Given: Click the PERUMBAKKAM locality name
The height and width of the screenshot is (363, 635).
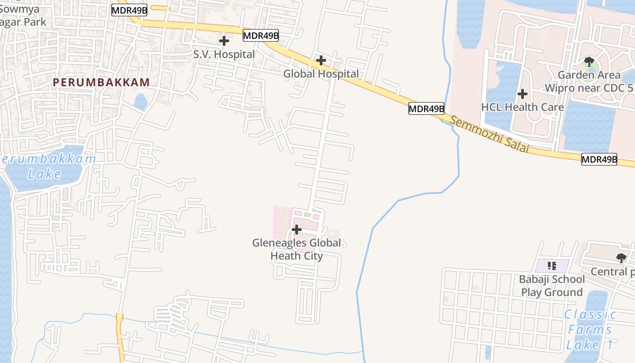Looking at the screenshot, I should [101, 83].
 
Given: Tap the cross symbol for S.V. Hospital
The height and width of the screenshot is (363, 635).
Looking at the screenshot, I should [224, 41].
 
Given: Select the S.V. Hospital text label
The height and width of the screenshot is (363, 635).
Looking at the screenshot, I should [224, 54].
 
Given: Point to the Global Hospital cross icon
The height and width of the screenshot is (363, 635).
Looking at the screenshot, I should [321, 60].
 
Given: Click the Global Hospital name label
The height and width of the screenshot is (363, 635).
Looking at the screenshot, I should [321, 74].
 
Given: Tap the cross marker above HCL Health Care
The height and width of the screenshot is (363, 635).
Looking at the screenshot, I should [522, 94].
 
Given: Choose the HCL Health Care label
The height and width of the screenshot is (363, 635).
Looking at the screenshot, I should [522, 107].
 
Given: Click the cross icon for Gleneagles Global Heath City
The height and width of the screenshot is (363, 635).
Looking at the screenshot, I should [296, 230].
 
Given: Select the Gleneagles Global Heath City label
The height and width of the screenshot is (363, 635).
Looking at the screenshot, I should [297, 249].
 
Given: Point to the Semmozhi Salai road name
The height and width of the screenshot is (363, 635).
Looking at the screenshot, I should [490, 134].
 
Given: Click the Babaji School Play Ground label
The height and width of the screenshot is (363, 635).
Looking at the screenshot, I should [552, 285].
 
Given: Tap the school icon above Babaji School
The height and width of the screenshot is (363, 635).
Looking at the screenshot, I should [552, 265].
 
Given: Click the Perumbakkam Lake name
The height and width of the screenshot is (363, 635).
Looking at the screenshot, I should [48, 166].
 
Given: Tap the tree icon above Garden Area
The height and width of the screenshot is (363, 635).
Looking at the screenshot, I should [589, 61].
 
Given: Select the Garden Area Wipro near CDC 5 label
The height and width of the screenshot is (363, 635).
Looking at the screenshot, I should [589, 81].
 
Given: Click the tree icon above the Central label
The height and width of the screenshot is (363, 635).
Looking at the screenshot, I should [621, 258].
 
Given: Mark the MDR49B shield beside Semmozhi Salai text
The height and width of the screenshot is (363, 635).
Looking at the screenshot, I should [426, 108].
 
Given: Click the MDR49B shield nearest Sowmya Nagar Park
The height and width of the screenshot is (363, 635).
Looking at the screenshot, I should [129, 10].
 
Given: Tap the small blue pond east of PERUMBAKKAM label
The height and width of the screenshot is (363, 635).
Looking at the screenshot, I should [141, 102].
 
